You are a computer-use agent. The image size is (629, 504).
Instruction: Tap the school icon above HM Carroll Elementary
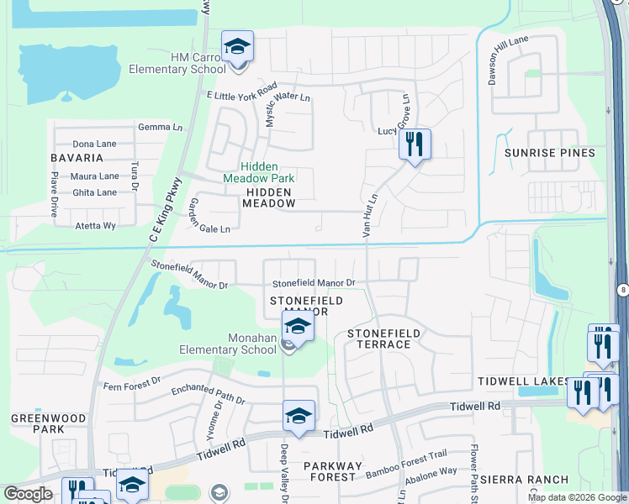pos(237,46)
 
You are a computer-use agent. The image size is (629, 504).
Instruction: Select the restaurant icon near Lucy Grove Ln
pos(414,144)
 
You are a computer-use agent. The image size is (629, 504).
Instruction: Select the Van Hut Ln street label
pos(367,213)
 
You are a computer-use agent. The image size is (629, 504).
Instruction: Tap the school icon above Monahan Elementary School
pos(297,326)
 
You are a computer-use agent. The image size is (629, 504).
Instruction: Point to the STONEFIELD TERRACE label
pos(383,339)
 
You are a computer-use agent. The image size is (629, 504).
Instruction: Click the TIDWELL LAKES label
pos(512,381)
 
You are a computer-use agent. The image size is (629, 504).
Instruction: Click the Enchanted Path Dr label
pos(208,395)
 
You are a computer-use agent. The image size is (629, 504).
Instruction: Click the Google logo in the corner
pos(28,494)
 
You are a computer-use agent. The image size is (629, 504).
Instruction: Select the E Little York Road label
pos(242,92)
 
